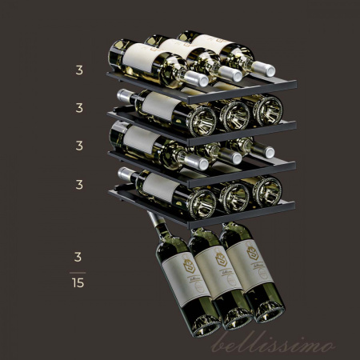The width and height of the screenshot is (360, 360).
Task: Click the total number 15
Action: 78,282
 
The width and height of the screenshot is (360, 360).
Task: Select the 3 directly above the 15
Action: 78,258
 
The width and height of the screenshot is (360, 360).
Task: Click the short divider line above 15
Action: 78,270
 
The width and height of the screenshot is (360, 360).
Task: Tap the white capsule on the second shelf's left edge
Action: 125,96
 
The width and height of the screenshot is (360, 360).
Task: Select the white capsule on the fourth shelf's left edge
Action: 125,172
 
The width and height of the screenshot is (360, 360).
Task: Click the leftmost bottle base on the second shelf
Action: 203,119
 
